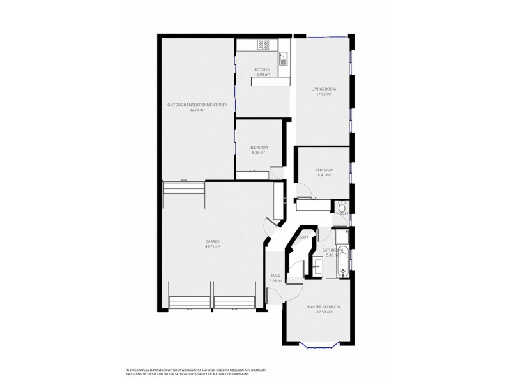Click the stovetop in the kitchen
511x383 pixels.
(x=264, y=45)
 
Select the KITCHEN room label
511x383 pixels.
(x=263, y=70)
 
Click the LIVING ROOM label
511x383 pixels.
(x=324, y=89)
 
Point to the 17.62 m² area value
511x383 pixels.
(x=324, y=94)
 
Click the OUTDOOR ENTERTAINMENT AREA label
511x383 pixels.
(x=197, y=105)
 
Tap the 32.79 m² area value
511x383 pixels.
(x=197, y=110)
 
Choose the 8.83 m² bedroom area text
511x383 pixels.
(x=258, y=153)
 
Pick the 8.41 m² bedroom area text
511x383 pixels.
(x=323, y=175)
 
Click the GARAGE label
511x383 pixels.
(x=213, y=241)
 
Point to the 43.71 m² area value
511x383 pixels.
(x=213, y=246)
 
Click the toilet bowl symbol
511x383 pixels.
(x=342, y=207)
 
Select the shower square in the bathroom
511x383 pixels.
(x=342, y=237)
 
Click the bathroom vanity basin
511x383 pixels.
(x=318, y=264)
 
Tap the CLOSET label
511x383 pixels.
(x=301, y=237)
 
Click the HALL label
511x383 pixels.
(x=276, y=276)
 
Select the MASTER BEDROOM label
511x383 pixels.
(x=324, y=307)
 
